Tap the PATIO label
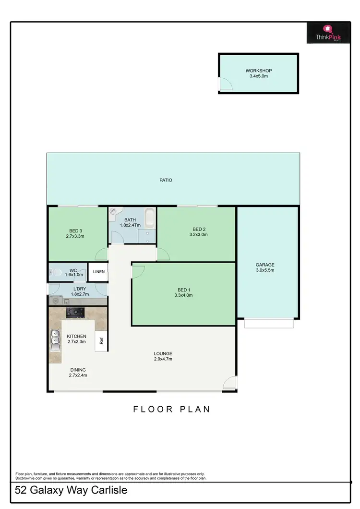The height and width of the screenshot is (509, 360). (166, 181)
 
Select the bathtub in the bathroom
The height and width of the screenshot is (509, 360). (149, 219)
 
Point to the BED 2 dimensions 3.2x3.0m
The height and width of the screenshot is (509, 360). (196, 235)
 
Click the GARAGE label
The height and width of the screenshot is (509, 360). (265, 265)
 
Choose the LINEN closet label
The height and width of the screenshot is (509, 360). (99, 272)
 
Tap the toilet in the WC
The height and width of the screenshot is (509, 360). (53, 274)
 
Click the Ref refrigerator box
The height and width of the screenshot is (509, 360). (101, 341)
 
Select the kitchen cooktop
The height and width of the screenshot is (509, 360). (75, 313)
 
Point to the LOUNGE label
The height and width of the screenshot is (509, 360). (163, 353)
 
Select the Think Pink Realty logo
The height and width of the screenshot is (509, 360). (328, 34)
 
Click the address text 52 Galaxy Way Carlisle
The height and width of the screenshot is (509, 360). (71, 491)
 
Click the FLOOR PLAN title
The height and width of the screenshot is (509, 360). (171, 409)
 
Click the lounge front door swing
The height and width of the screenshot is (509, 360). (230, 382)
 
